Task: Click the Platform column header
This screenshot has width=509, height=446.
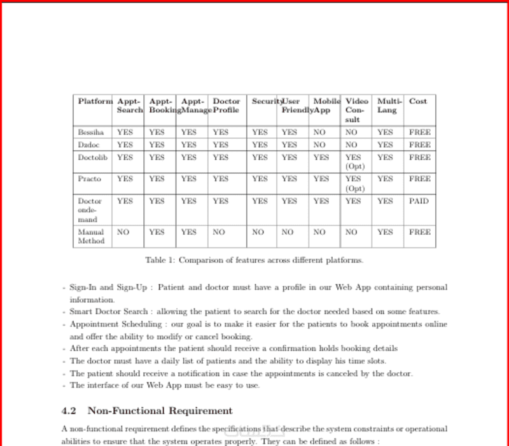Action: click(x=95, y=101)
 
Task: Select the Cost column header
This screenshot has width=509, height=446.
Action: click(x=418, y=101)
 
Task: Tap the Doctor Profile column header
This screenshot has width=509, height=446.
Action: click(x=226, y=106)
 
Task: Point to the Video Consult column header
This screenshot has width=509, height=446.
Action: click(x=356, y=110)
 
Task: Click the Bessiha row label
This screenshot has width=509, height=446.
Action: click(x=90, y=132)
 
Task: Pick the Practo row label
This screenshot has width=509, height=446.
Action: click(x=89, y=179)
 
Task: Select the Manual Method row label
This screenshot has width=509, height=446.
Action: click(x=91, y=237)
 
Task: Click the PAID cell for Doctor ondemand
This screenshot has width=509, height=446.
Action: click(x=419, y=201)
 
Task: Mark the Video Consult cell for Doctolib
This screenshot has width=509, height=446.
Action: click(x=354, y=162)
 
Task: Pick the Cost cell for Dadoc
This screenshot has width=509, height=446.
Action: click(x=419, y=145)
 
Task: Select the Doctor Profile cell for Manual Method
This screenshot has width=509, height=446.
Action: click(x=219, y=232)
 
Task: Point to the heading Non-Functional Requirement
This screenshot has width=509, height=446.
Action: click(x=160, y=411)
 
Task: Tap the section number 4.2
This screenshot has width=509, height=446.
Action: click(x=69, y=411)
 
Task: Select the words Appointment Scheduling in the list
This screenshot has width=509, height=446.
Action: click(x=108, y=324)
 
